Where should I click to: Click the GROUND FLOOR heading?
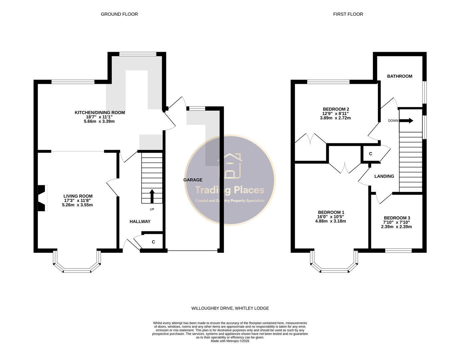[119, 14]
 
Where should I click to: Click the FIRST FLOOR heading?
[348, 14]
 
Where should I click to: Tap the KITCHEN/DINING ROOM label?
[100, 112]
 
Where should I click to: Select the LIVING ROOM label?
[78, 196]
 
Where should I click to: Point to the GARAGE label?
[193, 180]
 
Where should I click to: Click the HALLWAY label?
[140, 222]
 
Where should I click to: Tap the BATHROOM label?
[400, 76]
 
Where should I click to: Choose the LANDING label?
[384, 176]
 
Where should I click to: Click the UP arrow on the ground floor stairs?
[152, 196]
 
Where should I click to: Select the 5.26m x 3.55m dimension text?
[78, 205]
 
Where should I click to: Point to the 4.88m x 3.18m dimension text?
[331, 221]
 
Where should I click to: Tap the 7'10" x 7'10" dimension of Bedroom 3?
[397, 222]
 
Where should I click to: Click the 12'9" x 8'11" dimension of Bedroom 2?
[335, 114]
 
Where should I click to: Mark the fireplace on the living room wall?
[42, 198]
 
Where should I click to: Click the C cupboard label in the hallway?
[154, 242]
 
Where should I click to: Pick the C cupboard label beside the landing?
[370, 154]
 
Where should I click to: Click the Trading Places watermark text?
[230, 190]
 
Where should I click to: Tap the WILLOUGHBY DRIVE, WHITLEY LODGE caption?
[230, 308]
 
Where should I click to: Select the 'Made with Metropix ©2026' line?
[230, 341]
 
